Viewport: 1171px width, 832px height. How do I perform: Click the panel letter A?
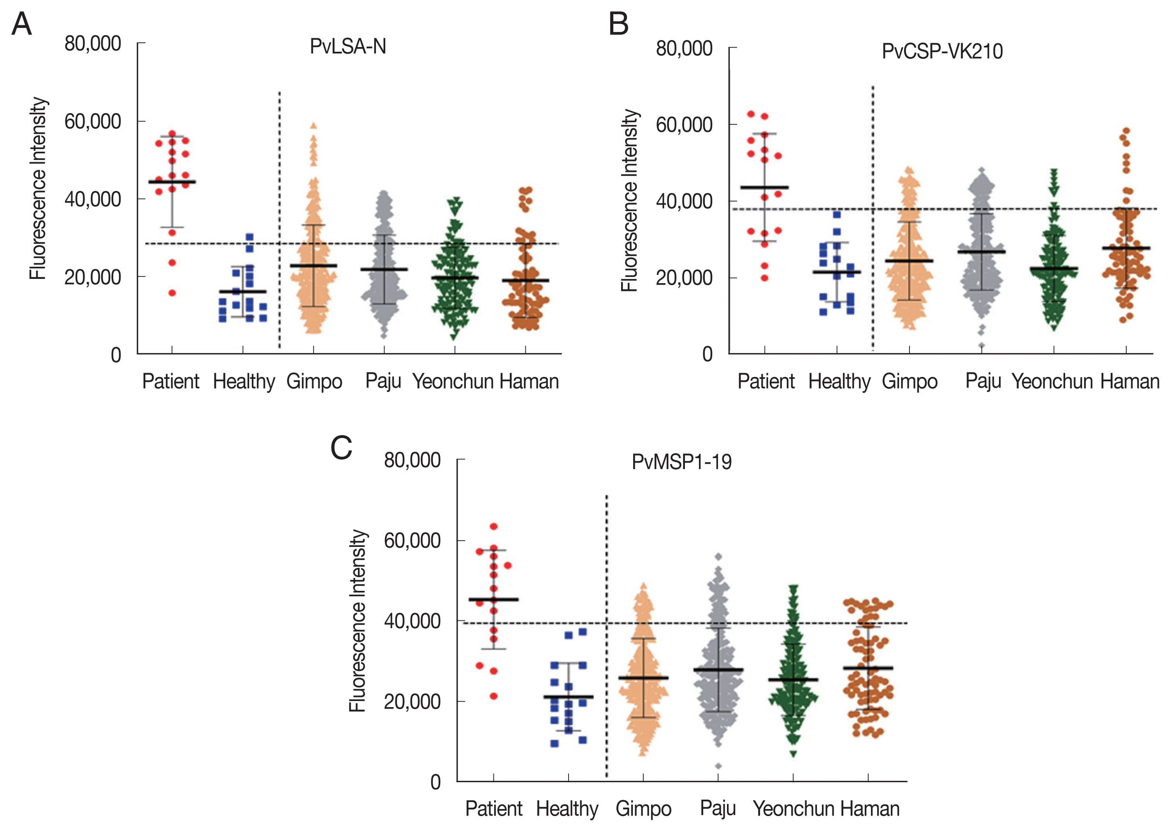pos(21,24)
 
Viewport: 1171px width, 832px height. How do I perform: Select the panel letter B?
pos(618,24)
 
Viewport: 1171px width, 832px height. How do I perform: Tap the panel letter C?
pos(341,447)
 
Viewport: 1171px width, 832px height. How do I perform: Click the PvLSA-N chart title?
pos(348,47)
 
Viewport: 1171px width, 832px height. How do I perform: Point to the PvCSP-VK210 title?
pos(942,51)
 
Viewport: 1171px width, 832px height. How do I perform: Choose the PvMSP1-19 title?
pos(681,462)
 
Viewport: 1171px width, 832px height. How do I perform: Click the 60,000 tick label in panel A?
pos(93,122)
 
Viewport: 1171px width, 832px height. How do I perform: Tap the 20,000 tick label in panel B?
pos(684,278)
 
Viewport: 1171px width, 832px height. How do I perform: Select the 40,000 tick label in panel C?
pos(412,621)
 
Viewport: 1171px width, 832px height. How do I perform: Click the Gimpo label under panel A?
pos(314,382)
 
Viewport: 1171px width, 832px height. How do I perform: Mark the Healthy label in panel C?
pos(567,809)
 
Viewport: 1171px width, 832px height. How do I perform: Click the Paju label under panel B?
pos(983,382)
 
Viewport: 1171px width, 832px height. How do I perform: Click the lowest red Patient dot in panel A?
pos(172,293)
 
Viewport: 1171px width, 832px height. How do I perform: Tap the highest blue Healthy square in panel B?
pos(837,215)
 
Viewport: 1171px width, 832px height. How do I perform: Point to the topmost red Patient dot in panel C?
pos(493,526)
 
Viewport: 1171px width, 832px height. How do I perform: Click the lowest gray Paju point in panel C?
pos(718,766)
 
